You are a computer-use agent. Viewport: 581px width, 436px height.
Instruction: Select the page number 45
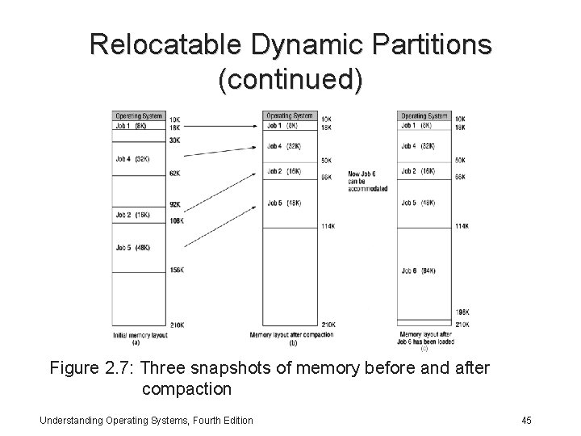point(526,420)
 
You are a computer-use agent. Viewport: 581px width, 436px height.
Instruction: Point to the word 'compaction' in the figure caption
point(186,389)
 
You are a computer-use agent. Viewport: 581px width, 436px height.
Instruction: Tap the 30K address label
point(174,140)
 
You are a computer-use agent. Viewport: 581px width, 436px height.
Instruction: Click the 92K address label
point(174,204)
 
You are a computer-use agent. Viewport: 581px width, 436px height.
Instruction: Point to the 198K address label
point(462,312)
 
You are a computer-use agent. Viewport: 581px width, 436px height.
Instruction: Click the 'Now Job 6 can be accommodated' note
point(367,182)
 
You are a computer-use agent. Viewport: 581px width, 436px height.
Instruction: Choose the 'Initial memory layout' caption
point(141,334)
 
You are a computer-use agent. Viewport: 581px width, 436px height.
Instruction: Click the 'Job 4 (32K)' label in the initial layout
point(131,158)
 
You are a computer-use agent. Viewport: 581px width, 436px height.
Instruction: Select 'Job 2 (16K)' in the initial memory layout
point(131,216)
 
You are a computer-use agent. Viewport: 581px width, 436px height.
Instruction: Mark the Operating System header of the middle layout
point(290,116)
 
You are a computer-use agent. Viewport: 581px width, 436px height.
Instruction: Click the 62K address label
point(174,174)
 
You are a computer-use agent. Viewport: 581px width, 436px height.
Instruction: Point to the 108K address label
point(176,220)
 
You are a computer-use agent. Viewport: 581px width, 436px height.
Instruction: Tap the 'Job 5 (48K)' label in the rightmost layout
point(418,203)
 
